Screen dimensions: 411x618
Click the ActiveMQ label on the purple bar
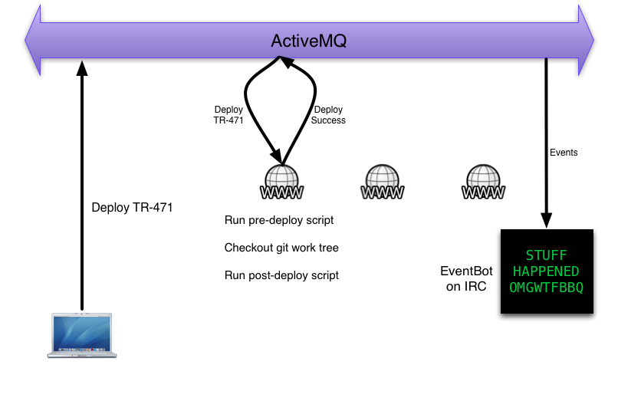(x=309, y=41)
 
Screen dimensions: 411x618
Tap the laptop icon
(x=81, y=334)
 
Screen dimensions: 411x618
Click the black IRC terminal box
(x=547, y=271)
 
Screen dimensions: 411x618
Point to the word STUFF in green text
(x=547, y=255)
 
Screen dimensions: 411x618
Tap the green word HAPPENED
(x=546, y=271)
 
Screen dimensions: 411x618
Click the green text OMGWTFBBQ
(x=546, y=288)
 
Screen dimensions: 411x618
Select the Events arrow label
(x=564, y=153)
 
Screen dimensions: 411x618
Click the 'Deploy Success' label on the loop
(x=329, y=115)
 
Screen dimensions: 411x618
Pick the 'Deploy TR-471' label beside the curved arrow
(x=228, y=115)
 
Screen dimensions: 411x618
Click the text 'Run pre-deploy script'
(x=279, y=220)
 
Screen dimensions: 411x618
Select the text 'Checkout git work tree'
(x=281, y=248)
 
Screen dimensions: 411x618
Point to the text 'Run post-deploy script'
(x=281, y=275)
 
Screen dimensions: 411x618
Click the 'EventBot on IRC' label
(x=463, y=279)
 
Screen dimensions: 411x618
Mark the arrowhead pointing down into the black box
(x=546, y=222)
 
